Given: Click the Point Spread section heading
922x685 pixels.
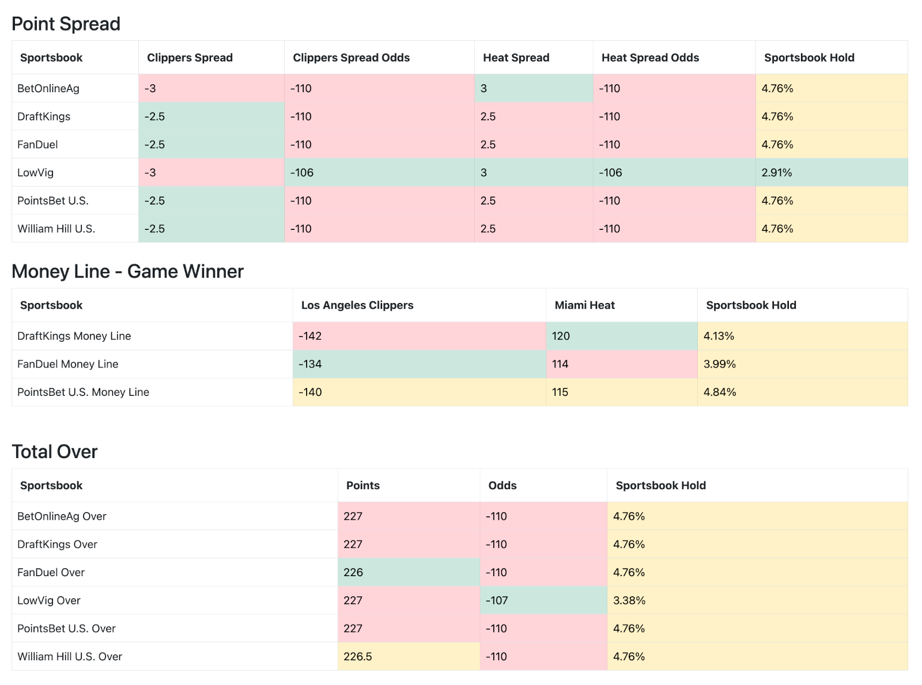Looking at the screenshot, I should (x=66, y=24).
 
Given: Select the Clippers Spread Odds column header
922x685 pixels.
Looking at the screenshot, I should (x=351, y=58).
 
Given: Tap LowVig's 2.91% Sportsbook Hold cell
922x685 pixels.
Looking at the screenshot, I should (x=777, y=172).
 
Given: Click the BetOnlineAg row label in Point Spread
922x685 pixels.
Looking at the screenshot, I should (x=48, y=88).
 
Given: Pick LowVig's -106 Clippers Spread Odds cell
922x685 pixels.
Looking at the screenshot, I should (x=302, y=172).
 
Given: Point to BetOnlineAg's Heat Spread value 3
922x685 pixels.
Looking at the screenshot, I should (x=484, y=88).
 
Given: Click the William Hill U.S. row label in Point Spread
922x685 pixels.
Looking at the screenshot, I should (x=56, y=229).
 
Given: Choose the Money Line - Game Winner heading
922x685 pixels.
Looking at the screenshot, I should (x=127, y=271).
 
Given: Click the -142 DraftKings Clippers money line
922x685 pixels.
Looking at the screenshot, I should (x=310, y=336).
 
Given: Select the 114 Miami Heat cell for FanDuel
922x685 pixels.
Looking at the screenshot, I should (x=560, y=364).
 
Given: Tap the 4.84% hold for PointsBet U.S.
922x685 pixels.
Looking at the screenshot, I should (x=720, y=392).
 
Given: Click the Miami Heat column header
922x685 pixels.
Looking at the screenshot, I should (x=584, y=305).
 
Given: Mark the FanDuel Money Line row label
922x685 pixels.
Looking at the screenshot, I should (x=67, y=364).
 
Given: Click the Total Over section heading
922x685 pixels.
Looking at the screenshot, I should (x=55, y=452).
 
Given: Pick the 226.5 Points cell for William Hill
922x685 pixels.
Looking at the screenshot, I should (x=358, y=657).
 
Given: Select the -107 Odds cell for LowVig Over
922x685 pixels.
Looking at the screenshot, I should (x=497, y=600).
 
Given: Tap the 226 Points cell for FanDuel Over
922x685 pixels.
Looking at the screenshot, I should (x=353, y=572).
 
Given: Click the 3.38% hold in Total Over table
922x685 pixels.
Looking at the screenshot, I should (x=629, y=600).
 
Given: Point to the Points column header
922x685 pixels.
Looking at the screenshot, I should (x=362, y=486).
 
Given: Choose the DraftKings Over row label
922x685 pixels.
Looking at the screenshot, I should (x=57, y=544).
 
